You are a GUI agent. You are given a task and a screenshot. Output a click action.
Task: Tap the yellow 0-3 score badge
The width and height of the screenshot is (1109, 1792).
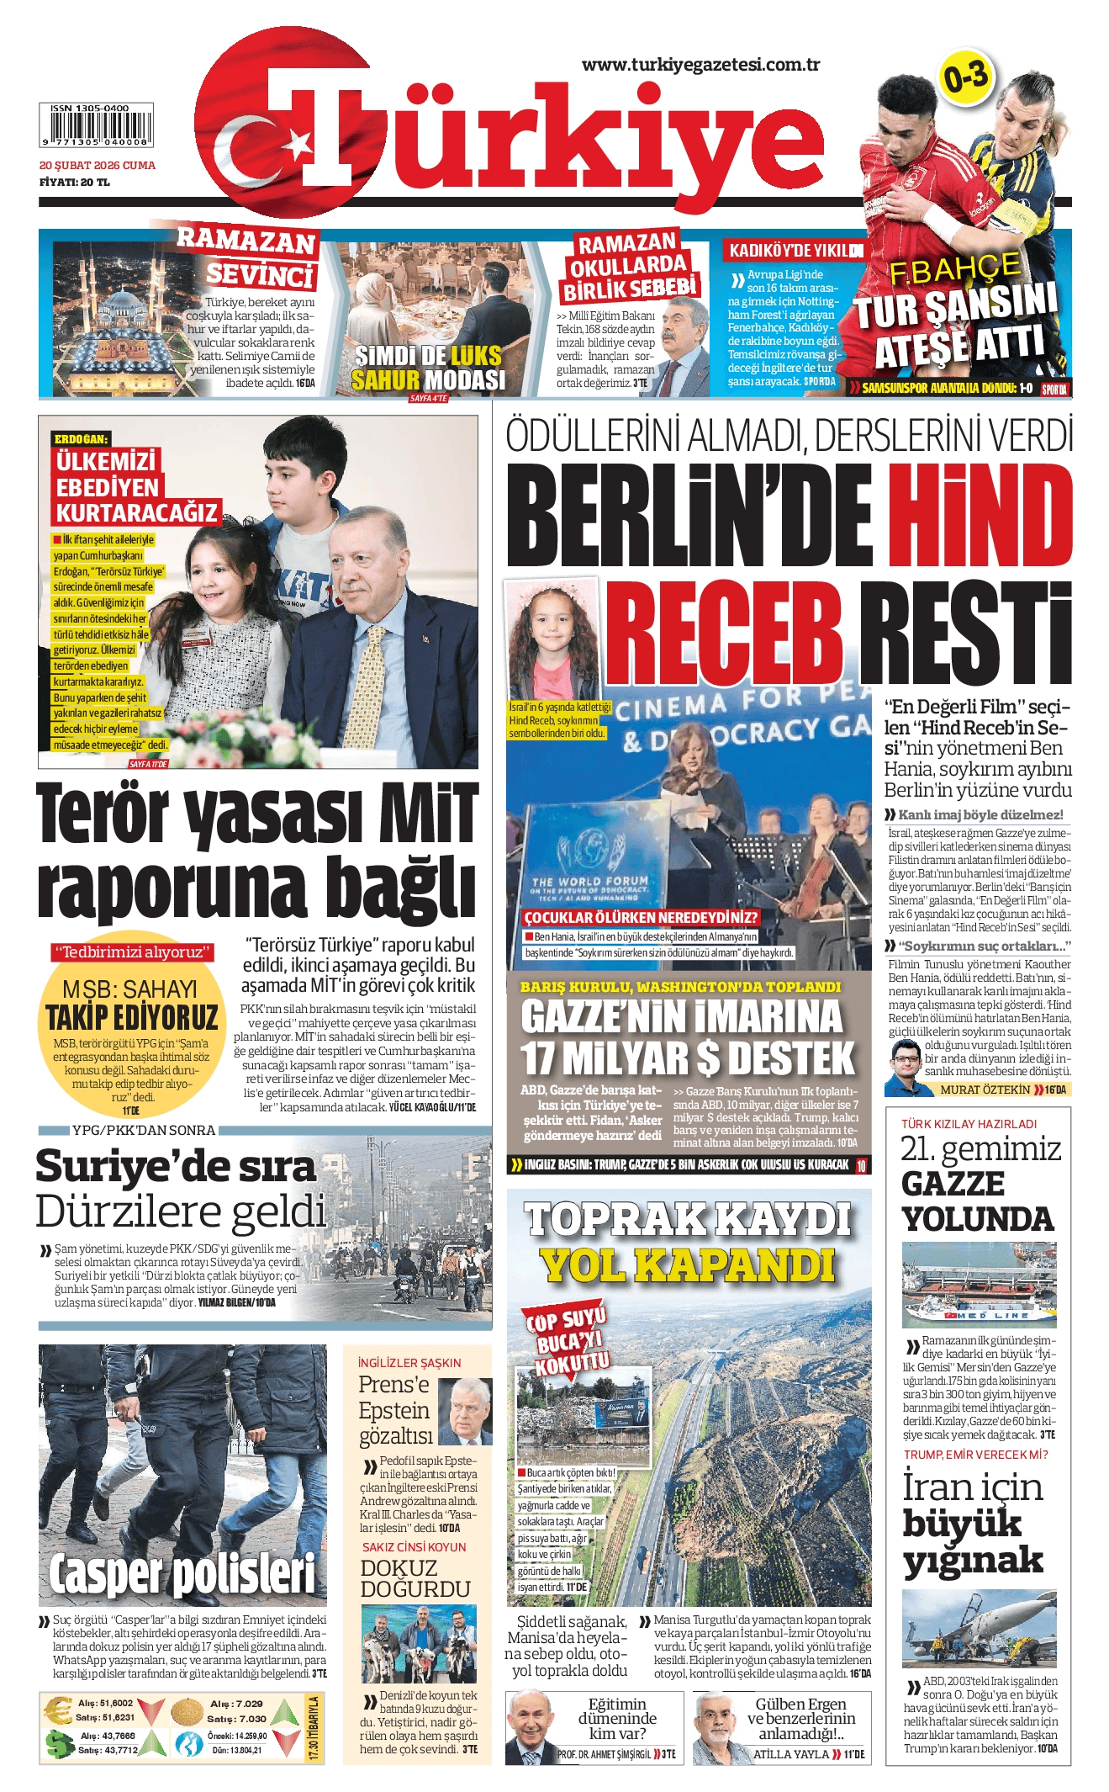[x=965, y=79]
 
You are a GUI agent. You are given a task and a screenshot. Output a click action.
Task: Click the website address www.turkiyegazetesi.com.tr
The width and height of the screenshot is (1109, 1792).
[x=700, y=65]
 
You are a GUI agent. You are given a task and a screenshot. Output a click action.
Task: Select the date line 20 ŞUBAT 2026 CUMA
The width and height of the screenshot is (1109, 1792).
[x=98, y=166]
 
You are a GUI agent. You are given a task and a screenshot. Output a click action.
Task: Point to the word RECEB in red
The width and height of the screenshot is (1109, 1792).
[x=725, y=633]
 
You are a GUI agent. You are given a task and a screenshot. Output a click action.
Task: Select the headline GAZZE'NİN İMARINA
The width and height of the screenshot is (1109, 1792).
[x=681, y=1016]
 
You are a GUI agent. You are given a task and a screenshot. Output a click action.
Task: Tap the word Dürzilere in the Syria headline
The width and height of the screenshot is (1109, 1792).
[x=180, y=1211]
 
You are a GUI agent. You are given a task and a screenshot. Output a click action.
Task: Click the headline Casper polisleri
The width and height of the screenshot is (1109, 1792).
[x=182, y=1574]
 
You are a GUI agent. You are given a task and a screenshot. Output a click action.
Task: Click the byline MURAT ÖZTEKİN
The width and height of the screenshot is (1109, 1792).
[x=984, y=1090]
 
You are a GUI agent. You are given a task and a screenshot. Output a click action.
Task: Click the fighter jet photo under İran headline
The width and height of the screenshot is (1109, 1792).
[x=979, y=1629]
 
